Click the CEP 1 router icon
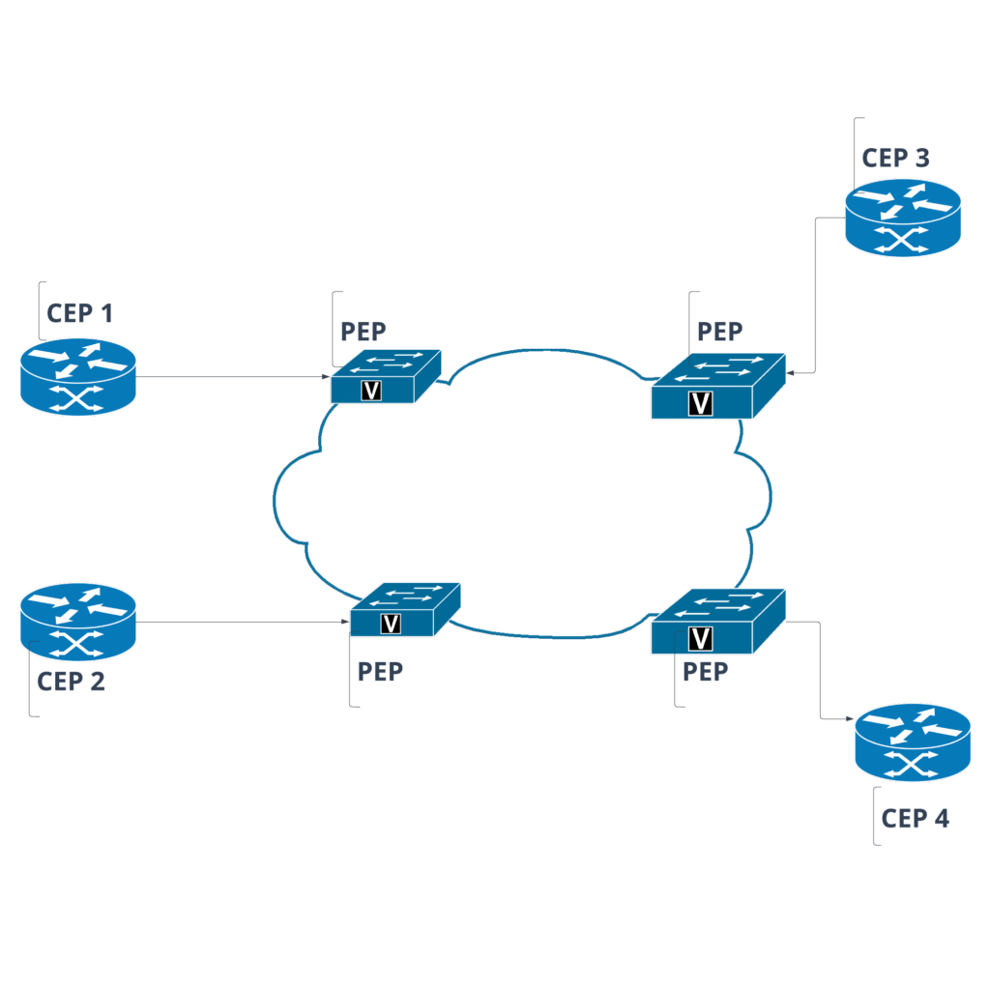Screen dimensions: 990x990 pyautogui.click(x=77, y=377)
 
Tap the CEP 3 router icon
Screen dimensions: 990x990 pyautogui.click(x=903, y=219)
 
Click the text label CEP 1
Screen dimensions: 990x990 pyautogui.click(x=80, y=313)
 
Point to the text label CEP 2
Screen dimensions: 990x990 pyautogui.click(x=72, y=681)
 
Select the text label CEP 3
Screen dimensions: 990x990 pyautogui.click(x=896, y=159)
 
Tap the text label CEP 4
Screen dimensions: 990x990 pyautogui.click(x=916, y=819)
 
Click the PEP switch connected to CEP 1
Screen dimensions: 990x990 pyautogui.click(x=385, y=377)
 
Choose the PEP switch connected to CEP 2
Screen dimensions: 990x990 pyautogui.click(x=404, y=610)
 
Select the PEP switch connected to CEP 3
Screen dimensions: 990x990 pyautogui.click(x=717, y=387)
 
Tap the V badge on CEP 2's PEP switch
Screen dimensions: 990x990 pyautogui.click(x=391, y=624)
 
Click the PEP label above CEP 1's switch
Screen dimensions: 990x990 pyautogui.click(x=364, y=332)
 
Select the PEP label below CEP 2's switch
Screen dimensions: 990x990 pyautogui.click(x=380, y=672)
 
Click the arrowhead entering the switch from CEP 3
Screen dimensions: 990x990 pyautogui.click(x=791, y=372)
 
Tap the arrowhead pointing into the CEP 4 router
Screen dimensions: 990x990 pyautogui.click(x=850, y=719)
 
